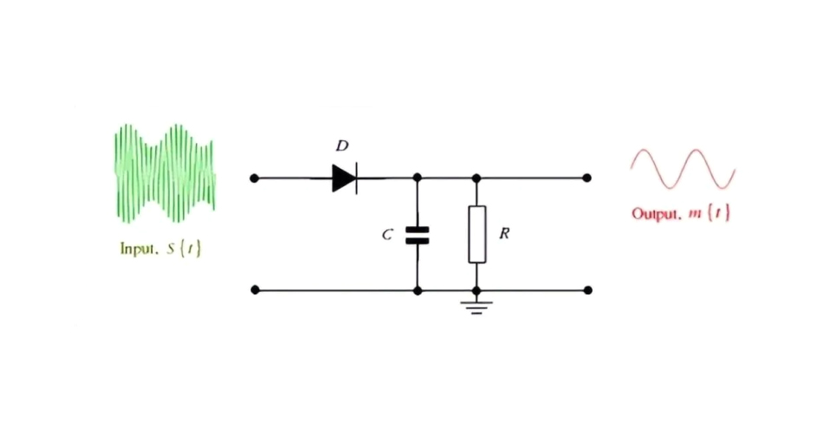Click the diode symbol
tap(345, 178)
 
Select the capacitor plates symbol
tap(418, 235)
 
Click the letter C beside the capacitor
tap(388, 235)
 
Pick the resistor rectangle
tap(476, 234)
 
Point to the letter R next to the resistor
tap(503, 234)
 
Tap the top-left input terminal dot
tap(254, 178)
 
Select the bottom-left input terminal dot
tap(254, 290)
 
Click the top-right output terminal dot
tap(586, 178)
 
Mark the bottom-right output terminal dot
tap(586, 290)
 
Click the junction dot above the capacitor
tap(418, 178)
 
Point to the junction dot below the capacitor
tap(418, 290)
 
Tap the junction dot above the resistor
tap(476, 178)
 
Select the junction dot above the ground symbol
tap(476, 290)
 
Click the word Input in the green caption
tap(136, 249)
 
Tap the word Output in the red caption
tap(655, 214)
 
